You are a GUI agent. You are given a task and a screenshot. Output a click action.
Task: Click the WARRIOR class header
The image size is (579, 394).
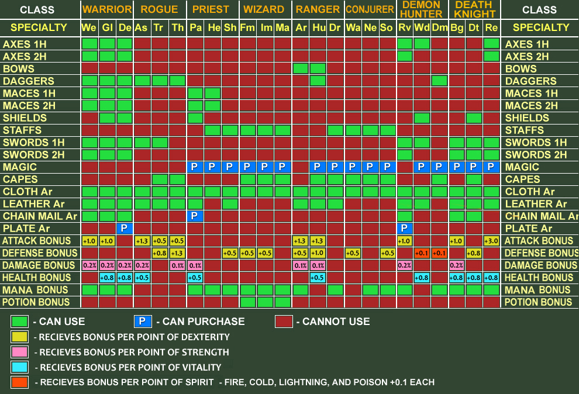coord(107,9)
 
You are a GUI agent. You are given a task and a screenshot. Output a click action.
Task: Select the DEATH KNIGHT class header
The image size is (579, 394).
coord(474,9)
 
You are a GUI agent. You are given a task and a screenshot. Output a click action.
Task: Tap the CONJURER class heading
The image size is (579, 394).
coord(369,9)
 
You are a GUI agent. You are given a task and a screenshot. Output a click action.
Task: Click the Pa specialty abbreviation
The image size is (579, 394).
coord(195,27)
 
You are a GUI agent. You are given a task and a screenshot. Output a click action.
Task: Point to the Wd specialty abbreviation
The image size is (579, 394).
coord(422,27)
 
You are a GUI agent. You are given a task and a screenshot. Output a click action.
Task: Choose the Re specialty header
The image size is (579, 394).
coord(491,27)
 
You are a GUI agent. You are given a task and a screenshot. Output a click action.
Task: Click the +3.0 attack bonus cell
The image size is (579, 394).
coord(491,241)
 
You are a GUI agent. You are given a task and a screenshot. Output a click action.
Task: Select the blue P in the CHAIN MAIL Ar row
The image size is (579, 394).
coord(195,216)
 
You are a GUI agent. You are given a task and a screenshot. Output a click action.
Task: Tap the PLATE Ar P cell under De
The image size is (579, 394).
coord(125,229)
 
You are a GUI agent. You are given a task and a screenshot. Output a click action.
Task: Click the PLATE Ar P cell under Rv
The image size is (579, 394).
coord(404,229)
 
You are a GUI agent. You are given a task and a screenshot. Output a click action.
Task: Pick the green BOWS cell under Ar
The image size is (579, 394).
coord(301,68)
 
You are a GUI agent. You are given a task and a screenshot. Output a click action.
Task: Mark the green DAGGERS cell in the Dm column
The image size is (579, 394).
coord(439,81)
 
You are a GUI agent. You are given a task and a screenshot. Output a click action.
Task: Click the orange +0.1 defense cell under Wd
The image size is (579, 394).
coord(422,253)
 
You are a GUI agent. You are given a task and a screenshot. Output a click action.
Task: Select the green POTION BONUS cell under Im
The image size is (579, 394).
coord(266,302)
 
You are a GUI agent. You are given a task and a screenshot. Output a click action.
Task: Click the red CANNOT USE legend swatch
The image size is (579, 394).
coord(283,321)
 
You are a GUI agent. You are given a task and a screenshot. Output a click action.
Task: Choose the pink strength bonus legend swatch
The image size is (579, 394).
coord(19,352)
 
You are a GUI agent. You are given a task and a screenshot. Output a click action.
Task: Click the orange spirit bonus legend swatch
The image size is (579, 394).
coord(19,382)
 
